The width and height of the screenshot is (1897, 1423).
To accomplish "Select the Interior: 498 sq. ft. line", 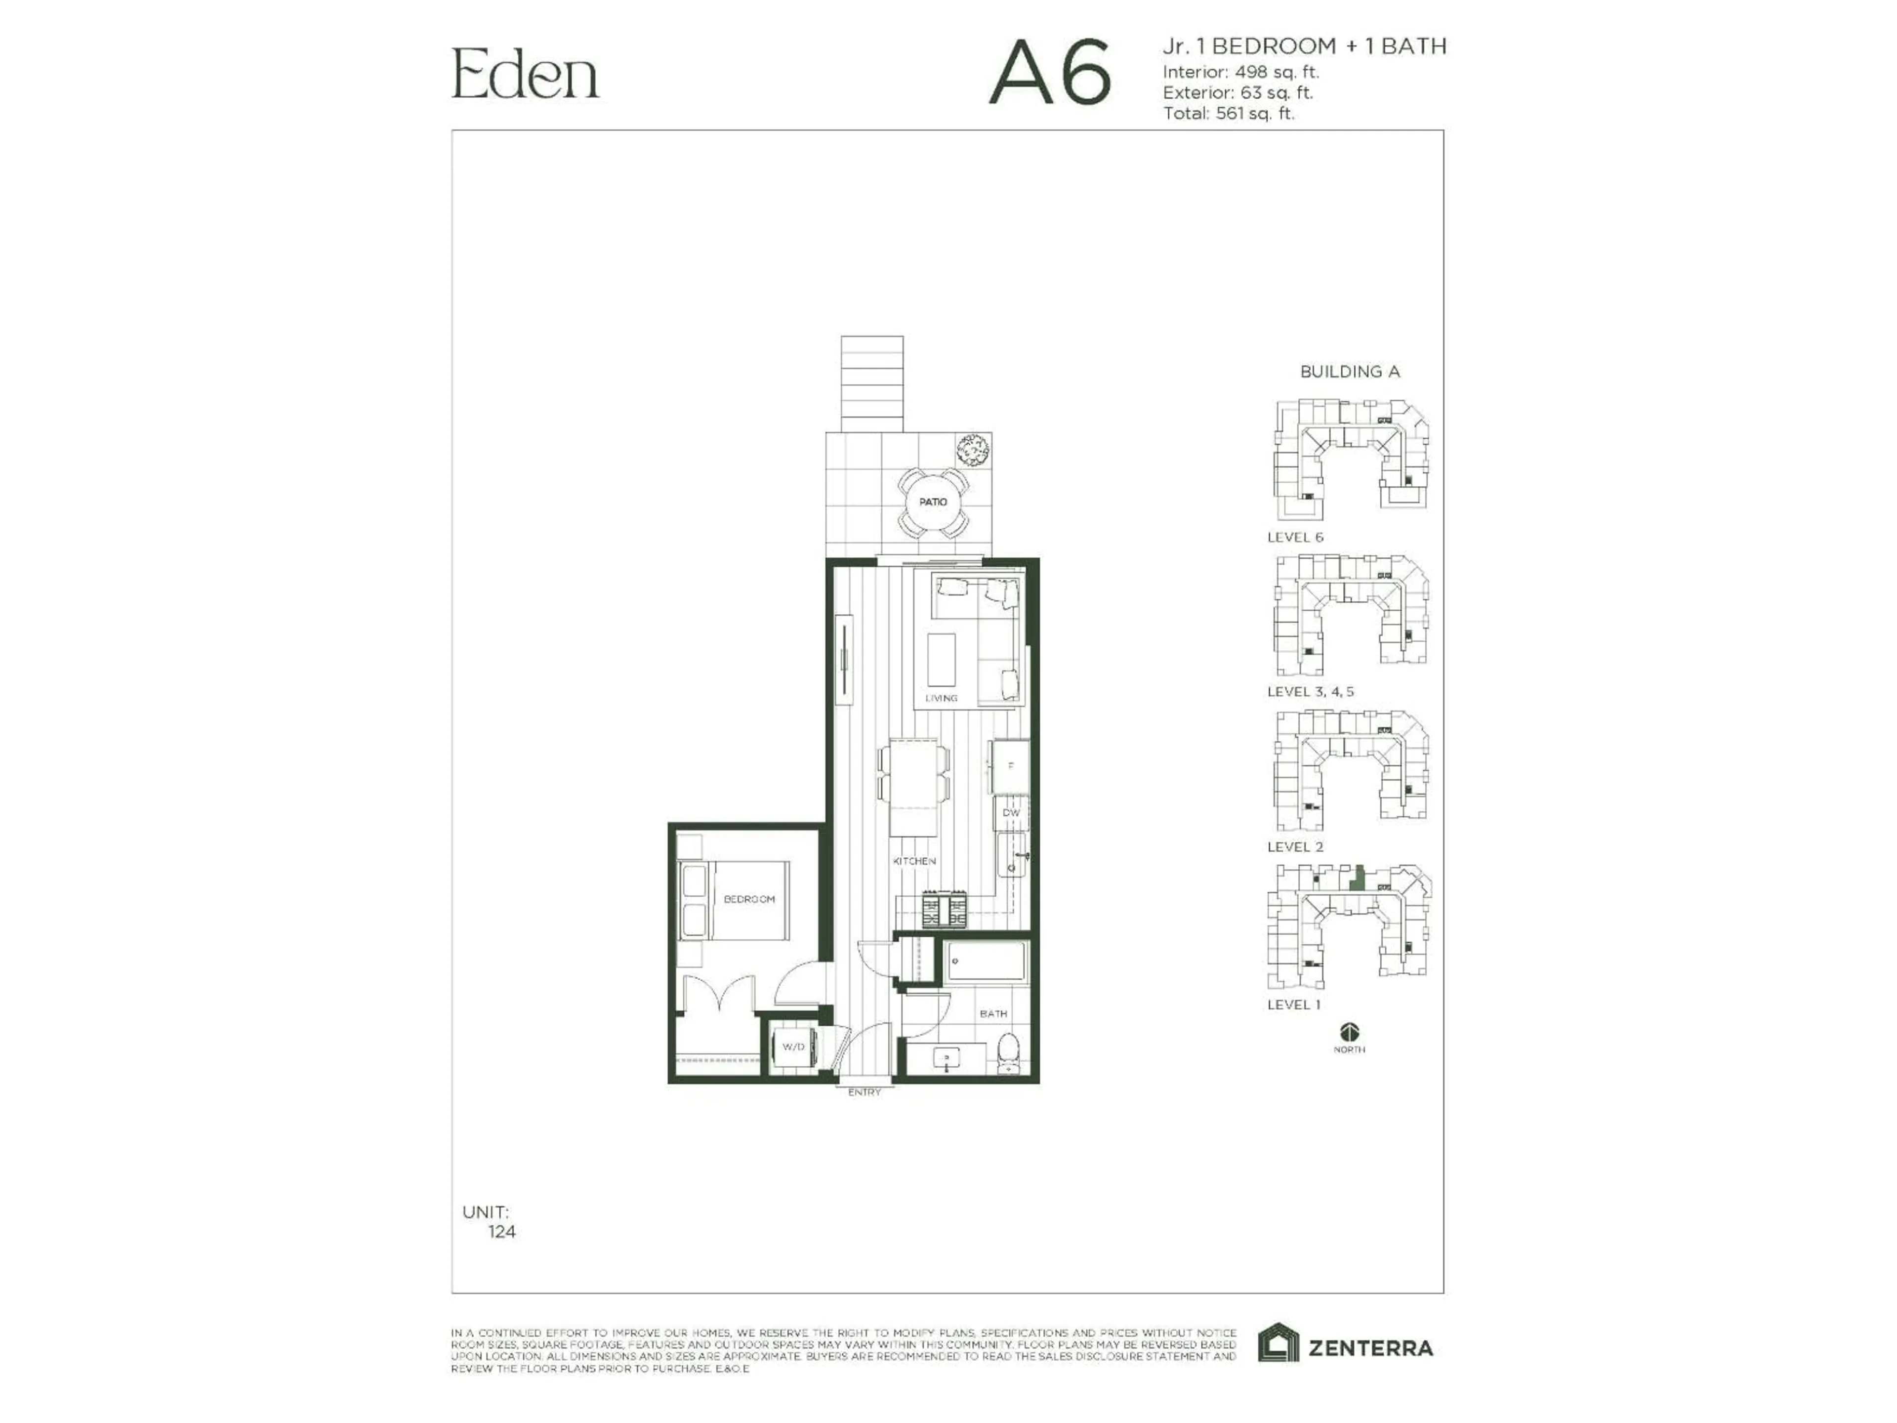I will pyautogui.click(x=1240, y=72).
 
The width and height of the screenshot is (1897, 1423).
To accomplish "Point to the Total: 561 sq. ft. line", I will pyautogui.click(x=1228, y=113).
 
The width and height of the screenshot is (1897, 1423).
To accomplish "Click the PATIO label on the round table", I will pyautogui.click(x=933, y=502).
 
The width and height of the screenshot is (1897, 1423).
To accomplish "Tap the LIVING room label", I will pyautogui.click(x=941, y=698).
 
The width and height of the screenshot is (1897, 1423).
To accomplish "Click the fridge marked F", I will pyautogui.click(x=1010, y=766).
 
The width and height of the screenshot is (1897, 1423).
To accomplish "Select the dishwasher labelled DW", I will pyautogui.click(x=1011, y=812).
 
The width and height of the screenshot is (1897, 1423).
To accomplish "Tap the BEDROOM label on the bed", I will pyautogui.click(x=749, y=899).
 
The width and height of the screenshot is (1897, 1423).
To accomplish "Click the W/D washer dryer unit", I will pyautogui.click(x=793, y=1047).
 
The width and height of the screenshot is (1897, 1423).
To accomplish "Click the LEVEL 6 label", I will pyautogui.click(x=1295, y=538).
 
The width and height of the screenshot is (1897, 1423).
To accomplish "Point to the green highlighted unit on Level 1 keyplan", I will pyautogui.click(x=1356, y=879).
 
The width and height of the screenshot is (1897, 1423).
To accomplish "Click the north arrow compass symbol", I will pyautogui.click(x=1349, y=1032).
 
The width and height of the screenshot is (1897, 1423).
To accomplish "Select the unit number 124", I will pyautogui.click(x=502, y=1232).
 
